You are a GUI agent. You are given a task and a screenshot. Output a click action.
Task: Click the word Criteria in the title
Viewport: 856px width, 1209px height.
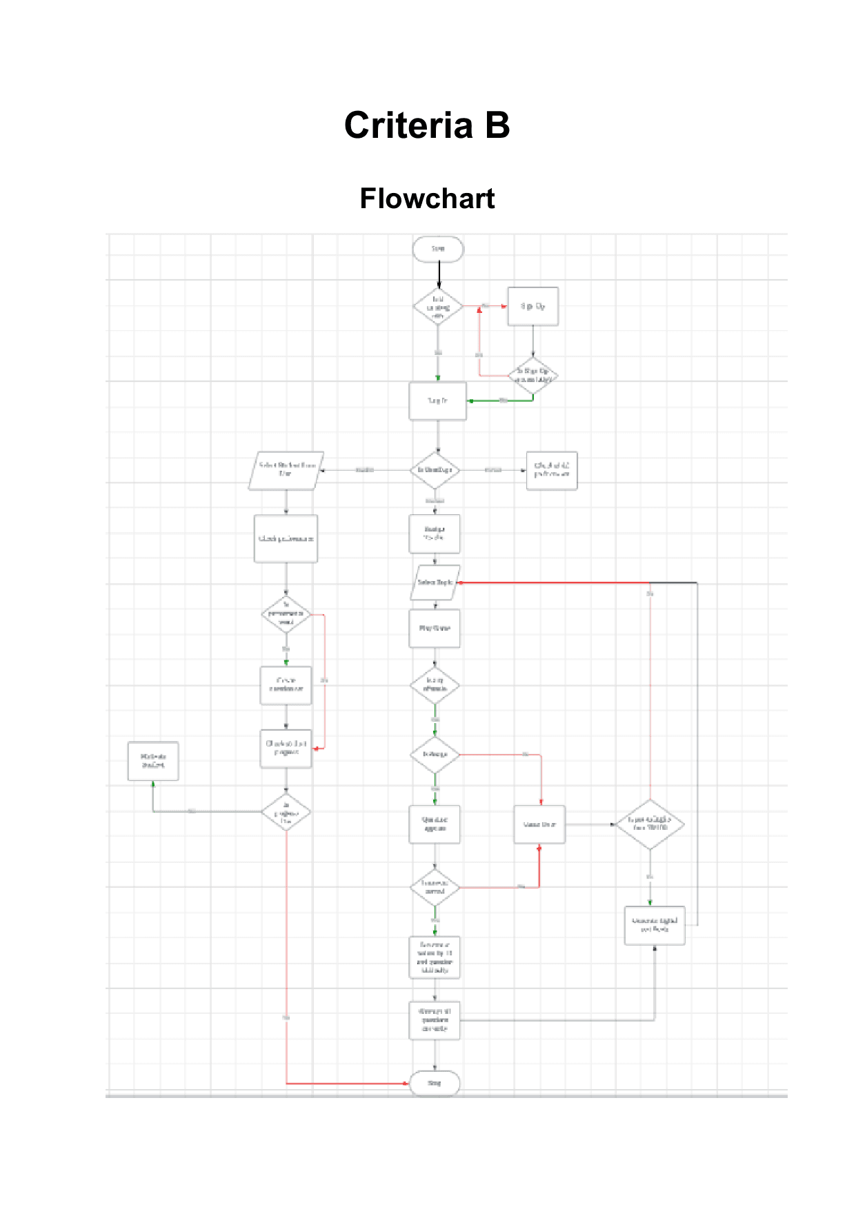[x=408, y=126]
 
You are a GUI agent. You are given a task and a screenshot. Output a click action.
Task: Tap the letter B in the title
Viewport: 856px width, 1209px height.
[x=497, y=126]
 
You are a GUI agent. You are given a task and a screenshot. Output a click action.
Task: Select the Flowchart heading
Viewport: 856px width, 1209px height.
[x=427, y=199]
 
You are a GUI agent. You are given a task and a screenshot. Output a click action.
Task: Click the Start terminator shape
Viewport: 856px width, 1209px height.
[x=438, y=249]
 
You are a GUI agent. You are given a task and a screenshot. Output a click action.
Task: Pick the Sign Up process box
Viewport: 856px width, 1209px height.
[x=532, y=306]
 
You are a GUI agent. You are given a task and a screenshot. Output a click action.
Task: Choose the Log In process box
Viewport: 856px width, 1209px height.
[x=437, y=400]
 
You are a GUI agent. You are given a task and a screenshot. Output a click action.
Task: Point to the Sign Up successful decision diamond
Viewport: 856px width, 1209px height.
[x=533, y=376]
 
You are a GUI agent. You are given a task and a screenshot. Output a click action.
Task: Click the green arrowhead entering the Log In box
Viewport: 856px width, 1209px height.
[x=470, y=400]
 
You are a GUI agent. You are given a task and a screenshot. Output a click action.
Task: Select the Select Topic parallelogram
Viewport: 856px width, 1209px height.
[x=435, y=583]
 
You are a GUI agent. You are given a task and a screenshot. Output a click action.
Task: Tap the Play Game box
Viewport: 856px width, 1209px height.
[x=435, y=628]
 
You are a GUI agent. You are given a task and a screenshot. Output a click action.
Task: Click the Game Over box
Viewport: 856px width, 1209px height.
[x=539, y=824]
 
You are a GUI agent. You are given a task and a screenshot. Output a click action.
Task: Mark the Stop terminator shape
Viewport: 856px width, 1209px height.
[x=435, y=1083]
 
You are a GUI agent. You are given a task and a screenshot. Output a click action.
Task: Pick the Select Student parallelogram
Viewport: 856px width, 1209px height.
[x=286, y=470]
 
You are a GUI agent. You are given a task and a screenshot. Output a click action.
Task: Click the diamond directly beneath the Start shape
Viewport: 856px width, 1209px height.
[x=438, y=307]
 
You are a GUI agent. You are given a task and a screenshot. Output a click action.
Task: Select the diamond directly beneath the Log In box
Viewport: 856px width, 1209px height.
[x=435, y=470]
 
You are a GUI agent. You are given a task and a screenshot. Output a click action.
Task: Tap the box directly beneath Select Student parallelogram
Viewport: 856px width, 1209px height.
[x=286, y=538]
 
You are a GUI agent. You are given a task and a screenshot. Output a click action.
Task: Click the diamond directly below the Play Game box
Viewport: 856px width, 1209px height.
[x=435, y=684]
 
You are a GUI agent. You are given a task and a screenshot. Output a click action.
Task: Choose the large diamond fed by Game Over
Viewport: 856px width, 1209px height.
[x=650, y=824]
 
